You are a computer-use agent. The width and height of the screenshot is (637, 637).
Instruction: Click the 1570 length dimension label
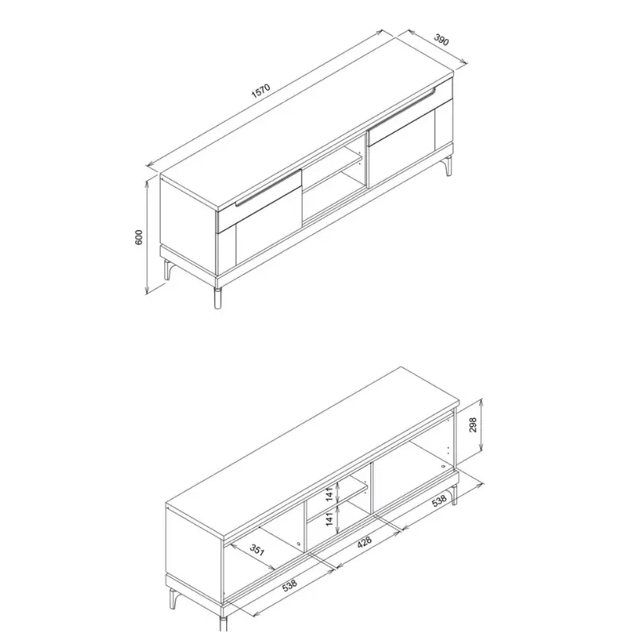[260, 91]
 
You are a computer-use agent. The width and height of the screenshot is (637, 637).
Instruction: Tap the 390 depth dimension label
[442, 40]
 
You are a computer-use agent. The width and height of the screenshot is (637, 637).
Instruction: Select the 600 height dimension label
[139, 237]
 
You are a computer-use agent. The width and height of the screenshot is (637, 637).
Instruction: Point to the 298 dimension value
[473, 424]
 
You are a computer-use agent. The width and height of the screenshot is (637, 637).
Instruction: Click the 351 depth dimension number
[256, 549]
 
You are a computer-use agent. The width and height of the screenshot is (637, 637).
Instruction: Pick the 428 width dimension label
[364, 542]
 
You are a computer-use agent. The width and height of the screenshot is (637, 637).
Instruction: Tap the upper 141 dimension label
[330, 494]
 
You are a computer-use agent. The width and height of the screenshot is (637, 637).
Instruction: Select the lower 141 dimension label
[330, 519]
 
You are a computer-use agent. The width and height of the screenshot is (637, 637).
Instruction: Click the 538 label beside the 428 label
[440, 502]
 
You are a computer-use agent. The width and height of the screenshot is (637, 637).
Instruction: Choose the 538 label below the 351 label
[289, 585]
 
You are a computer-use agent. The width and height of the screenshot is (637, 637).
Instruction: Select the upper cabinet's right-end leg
[448, 166]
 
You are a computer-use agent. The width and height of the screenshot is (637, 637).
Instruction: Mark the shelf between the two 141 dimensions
[337, 502]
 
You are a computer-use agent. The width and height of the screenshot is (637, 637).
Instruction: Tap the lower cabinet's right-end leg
[454, 494]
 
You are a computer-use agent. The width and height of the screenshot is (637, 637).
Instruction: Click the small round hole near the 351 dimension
[299, 545]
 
